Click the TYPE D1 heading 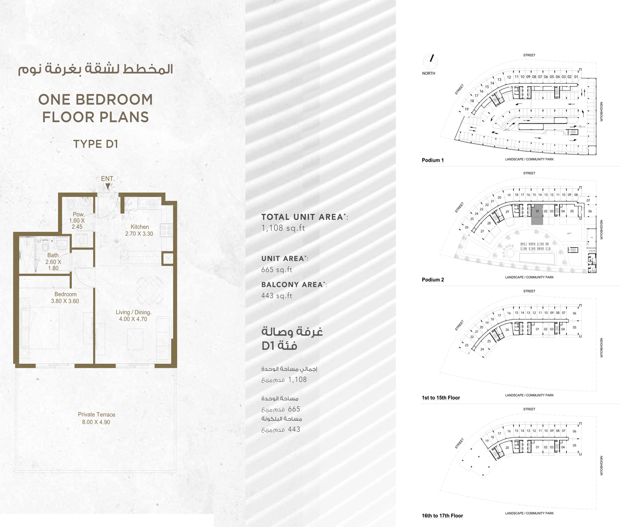click(x=96, y=143)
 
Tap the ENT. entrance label click(x=107, y=179)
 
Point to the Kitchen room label click(x=139, y=227)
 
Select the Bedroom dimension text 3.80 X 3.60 click(x=65, y=301)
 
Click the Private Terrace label click(x=97, y=414)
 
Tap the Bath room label click(x=53, y=255)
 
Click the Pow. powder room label click(x=79, y=214)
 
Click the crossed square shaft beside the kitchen click(x=168, y=259)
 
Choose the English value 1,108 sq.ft click(x=283, y=228)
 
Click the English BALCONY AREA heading click(x=294, y=284)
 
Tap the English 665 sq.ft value click(x=276, y=269)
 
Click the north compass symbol click(x=430, y=61)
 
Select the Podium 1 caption click(x=432, y=160)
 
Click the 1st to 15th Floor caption click(x=441, y=397)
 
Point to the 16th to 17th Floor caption click(x=442, y=515)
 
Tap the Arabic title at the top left click(x=96, y=70)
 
